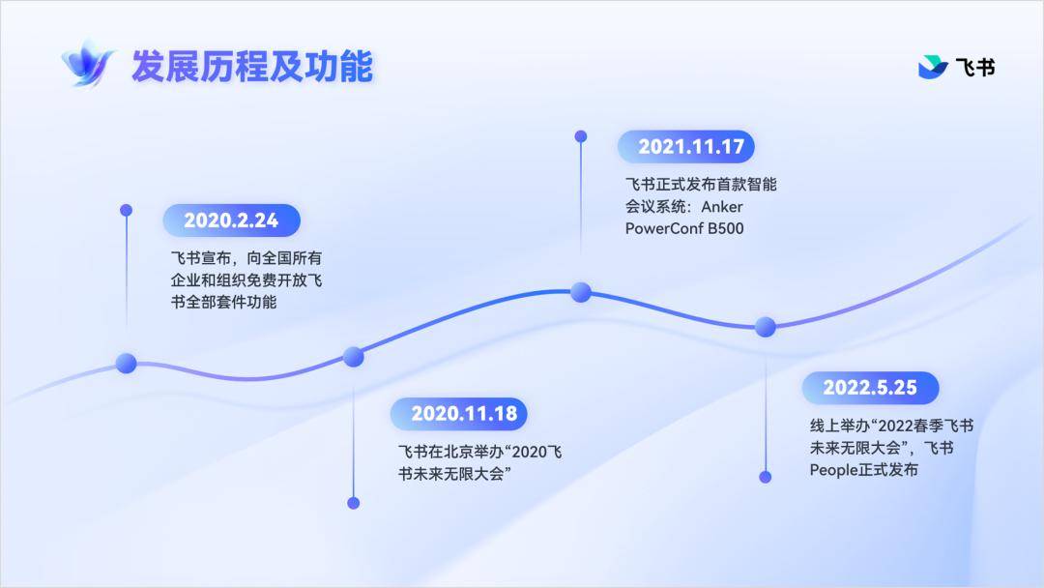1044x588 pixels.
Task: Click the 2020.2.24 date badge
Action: coord(231,220)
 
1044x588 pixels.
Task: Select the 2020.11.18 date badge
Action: coord(459,414)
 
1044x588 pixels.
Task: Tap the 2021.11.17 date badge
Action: coord(685,146)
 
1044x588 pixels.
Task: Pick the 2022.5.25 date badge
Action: coord(870,388)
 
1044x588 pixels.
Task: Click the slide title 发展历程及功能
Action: coord(251,66)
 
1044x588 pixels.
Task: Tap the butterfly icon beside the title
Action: coord(88,64)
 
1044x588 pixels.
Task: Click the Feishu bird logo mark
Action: coord(933,67)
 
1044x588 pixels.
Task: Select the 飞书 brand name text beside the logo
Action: coord(975,68)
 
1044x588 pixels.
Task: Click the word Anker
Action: coord(722,206)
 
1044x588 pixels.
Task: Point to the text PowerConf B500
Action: coord(684,228)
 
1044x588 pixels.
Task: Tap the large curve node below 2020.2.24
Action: coord(127,363)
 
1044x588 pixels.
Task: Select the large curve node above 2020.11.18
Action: coord(354,356)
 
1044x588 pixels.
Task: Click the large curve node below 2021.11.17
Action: coord(581,292)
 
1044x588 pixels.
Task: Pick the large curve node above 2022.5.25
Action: coord(765,326)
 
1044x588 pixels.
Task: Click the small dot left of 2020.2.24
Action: coord(126,211)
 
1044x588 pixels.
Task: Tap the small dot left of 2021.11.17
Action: coord(581,136)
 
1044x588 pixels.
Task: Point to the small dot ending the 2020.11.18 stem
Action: coord(354,503)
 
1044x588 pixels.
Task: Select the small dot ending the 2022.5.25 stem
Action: coord(765,477)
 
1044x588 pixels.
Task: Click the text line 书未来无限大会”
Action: coord(454,474)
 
